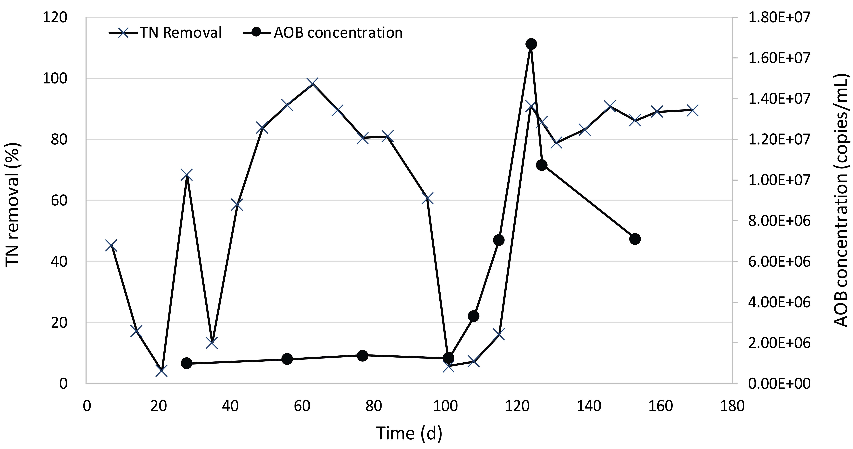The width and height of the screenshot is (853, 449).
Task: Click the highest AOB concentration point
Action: click(531, 44)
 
